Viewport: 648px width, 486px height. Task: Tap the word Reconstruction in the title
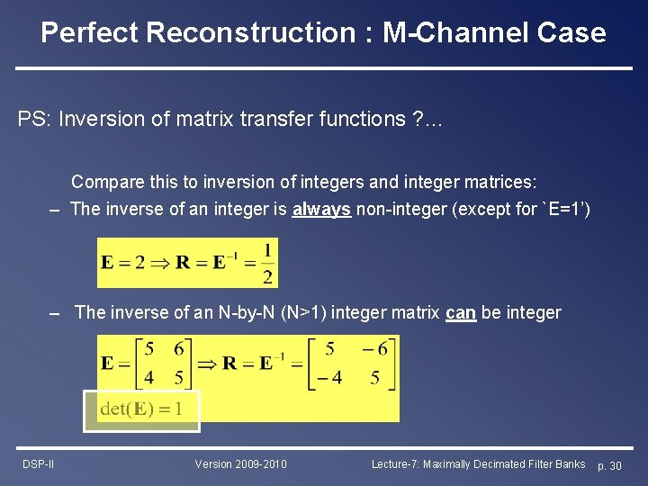coord(250,33)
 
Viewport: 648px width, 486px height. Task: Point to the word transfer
coord(263,120)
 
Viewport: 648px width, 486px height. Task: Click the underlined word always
coord(321,210)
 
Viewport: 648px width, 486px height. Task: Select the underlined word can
coord(461,312)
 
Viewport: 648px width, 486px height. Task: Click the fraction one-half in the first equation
coord(267,263)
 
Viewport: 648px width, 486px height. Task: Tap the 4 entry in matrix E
coord(148,378)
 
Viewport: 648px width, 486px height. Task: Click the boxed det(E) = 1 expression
coord(141,410)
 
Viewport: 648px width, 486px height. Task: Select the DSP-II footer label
coord(39,464)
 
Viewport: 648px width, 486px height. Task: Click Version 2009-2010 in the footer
coord(240,464)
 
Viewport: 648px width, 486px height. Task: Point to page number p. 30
coord(616,465)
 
